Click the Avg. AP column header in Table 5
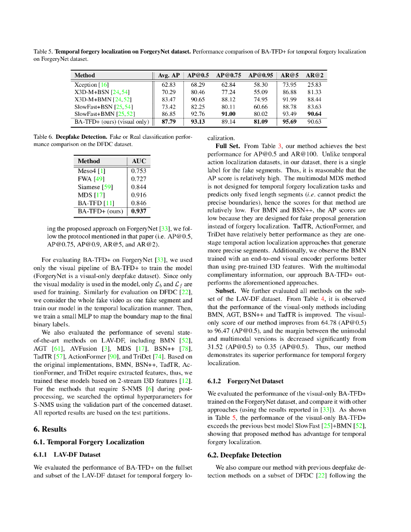point(168,75)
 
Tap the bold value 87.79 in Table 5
point(168,122)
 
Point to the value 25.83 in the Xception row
point(314,84)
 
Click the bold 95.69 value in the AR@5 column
point(289,122)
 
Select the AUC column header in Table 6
point(138,162)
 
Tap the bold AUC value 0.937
point(138,211)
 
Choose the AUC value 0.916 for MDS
point(138,195)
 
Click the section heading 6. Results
point(50,429)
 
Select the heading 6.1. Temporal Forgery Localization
point(89,442)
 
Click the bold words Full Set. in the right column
point(228,146)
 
